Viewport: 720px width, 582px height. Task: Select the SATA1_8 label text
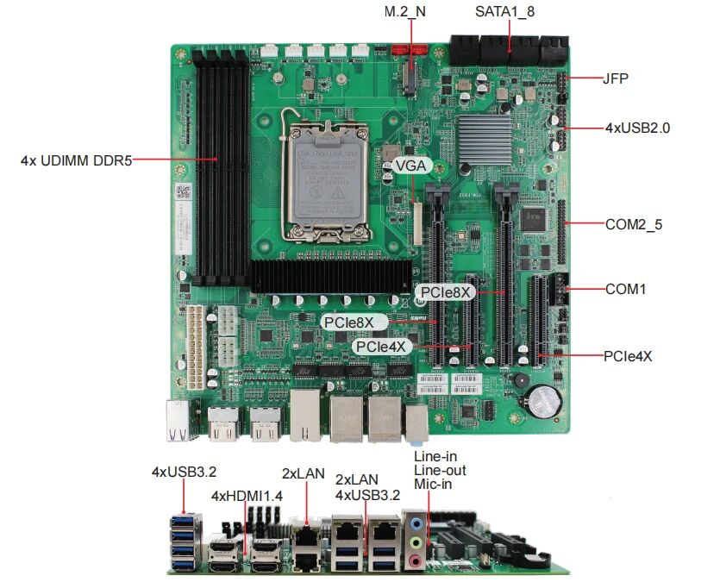(x=510, y=12)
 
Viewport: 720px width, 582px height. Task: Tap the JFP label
(x=616, y=78)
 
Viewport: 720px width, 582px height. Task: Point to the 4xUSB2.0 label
(x=637, y=128)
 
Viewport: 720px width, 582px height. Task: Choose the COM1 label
(x=625, y=289)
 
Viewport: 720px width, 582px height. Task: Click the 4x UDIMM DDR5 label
(x=76, y=160)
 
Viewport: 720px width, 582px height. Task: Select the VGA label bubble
(x=411, y=167)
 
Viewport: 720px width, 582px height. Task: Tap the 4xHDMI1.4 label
(x=247, y=496)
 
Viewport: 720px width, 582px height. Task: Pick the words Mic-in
(x=433, y=485)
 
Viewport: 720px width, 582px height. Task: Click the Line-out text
(x=440, y=470)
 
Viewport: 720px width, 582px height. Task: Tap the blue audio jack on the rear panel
(x=417, y=523)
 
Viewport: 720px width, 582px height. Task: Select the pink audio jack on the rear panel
(x=417, y=560)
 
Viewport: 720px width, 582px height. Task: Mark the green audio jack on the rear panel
(x=417, y=542)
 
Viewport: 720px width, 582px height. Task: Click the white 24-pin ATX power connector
(x=197, y=345)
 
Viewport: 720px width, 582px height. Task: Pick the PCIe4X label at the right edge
(x=628, y=354)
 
